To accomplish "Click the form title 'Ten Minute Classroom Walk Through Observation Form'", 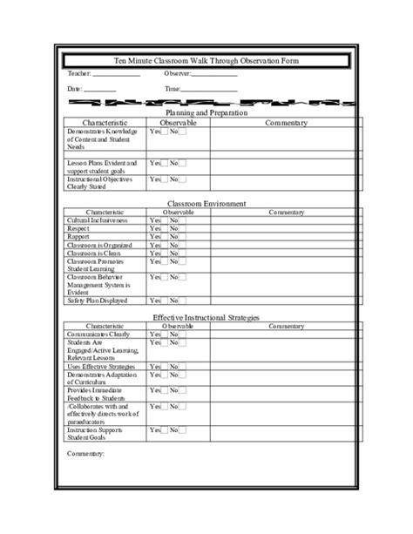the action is (206, 60).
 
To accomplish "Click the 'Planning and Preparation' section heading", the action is (206, 113).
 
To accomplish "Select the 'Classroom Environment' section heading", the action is (206, 203).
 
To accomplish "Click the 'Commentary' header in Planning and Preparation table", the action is (287, 123).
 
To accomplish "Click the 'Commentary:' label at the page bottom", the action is (85, 454).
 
